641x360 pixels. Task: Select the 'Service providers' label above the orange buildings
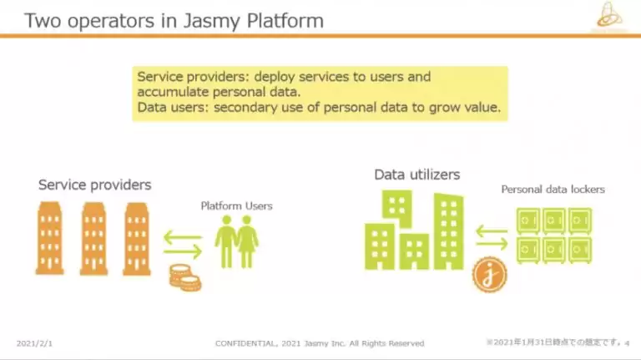(95, 185)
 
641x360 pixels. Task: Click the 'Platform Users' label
(236, 205)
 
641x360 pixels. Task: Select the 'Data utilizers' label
(416, 175)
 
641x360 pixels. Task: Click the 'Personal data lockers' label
(553, 190)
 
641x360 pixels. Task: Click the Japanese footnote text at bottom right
(554, 342)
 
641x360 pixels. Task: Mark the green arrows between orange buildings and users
(183, 243)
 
